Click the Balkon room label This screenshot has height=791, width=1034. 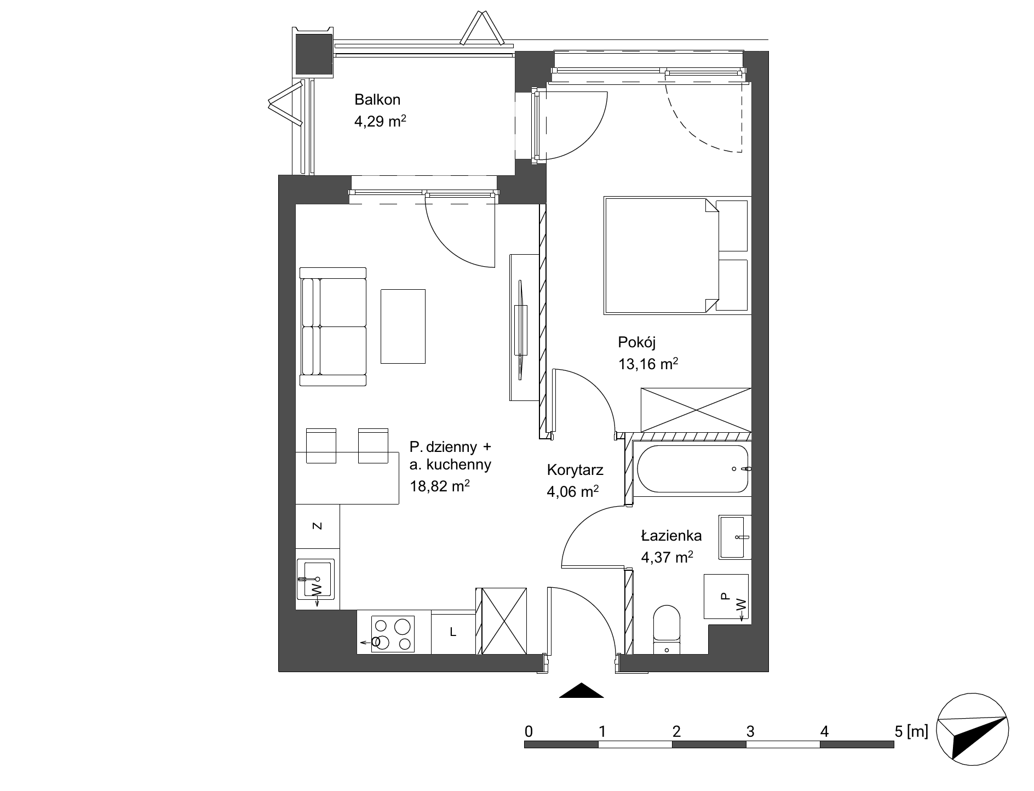[x=377, y=100]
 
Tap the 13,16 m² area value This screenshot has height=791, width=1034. [x=648, y=364]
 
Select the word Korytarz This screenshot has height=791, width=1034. [x=575, y=470]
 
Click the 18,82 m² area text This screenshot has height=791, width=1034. [x=440, y=486]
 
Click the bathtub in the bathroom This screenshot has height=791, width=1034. [x=692, y=469]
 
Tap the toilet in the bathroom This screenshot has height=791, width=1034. [x=667, y=630]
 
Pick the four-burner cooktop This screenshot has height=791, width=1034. [x=393, y=634]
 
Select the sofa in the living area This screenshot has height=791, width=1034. [x=333, y=326]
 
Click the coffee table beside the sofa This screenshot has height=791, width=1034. [x=403, y=326]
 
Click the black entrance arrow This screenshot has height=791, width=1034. [x=581, y=690]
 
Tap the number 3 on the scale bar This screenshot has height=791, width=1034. [x=750, y=731]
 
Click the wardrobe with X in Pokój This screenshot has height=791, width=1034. [x=696, y=410]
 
